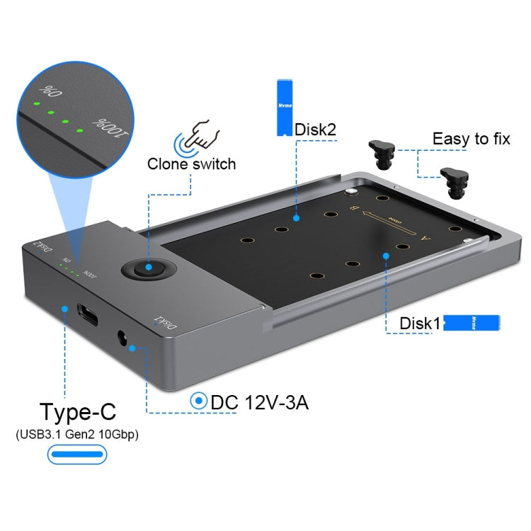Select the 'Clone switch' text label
point(191,164)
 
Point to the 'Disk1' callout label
point(421,324)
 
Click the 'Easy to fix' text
point(471,139)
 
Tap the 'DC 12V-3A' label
point(259,402)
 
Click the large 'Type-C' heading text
point(77,411)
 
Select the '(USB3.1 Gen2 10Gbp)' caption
point(77,434)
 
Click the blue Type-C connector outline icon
point(77,455)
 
